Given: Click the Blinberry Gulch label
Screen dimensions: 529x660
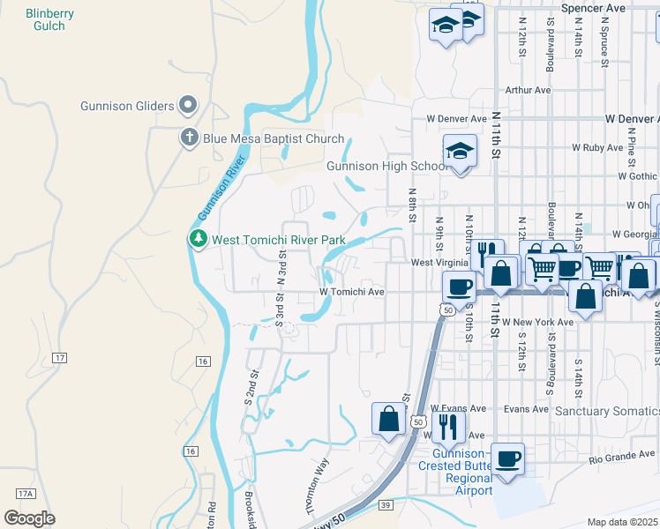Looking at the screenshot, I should pyautogui.click(x=49, y=19).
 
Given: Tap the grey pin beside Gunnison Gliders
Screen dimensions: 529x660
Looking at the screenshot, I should pyautogui.click(x=187, y=106).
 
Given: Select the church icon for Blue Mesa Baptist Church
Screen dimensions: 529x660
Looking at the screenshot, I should pyautogui.click(x=188, y=138).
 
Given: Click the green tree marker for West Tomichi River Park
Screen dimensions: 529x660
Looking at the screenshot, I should pyautogui.click(x=198, y=239).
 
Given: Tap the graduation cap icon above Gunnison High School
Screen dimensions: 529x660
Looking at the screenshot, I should pyautogui.click(x=460, y=152).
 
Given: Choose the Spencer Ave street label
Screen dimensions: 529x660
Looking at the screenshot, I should pyautogui.click(x=593, y=8).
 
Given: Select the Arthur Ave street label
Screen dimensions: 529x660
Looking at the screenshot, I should pyautogui.click(x=528, y=90).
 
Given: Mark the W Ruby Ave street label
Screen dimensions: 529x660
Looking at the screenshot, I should pyautogui.click(x=598, y=148).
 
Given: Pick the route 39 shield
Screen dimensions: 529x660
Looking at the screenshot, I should pyautogui.click(x=386, y=504).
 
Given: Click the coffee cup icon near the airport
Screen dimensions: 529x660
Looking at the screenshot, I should pyautogui.click(x=508, y=459).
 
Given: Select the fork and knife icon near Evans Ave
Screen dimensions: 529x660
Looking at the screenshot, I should pyautogui.click(x=448, y=426).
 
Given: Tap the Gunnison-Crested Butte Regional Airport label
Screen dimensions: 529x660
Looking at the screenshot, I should pyautogui.click(x=455, y=478).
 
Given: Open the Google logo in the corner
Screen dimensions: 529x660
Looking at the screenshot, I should pyautogui.click(x=29, y=518).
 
